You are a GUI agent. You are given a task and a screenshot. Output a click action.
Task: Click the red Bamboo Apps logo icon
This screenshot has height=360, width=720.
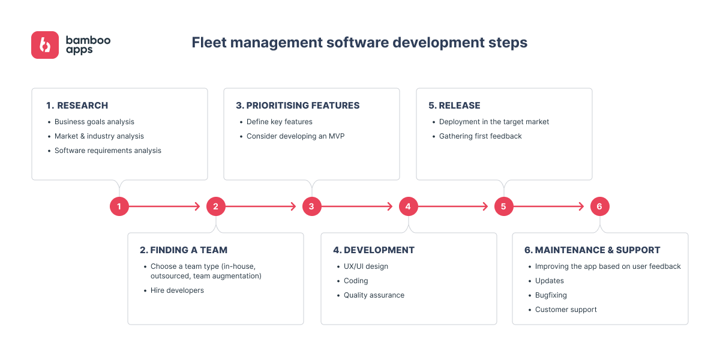coord(45,45)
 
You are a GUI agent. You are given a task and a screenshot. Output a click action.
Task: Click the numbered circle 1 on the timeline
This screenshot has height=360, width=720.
coord(119,206)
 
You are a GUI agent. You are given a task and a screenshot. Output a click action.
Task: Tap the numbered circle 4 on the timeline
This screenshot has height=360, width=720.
coord(408,206)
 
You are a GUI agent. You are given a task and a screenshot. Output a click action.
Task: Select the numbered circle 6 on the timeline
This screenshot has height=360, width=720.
coord(599,206)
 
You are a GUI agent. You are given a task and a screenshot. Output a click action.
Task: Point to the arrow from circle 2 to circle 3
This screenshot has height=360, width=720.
coord(261,206)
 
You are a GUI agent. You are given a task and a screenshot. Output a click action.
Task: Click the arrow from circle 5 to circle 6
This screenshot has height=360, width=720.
coord(549,206)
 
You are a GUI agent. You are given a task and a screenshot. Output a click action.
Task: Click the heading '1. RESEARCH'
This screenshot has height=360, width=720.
coord(77,106)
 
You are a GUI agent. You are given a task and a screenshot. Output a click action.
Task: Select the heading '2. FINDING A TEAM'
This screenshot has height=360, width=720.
coord(184,250)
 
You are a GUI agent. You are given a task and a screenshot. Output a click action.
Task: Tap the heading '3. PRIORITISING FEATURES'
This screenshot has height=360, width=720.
coord(298,106)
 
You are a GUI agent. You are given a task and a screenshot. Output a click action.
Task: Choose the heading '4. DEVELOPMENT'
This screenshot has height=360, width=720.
coord(374,250)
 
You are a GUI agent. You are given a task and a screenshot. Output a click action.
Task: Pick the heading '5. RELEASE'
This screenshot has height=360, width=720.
coord(455,106)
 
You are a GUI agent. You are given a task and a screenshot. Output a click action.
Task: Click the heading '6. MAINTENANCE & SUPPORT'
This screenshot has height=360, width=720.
coord(592,250)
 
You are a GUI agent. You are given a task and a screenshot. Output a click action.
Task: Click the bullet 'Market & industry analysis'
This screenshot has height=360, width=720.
coord(99,136)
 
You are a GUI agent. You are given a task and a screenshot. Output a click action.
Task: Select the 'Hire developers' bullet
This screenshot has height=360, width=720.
coord(177,290)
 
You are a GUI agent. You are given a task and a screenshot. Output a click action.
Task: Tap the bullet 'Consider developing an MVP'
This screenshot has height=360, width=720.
coord(295,136)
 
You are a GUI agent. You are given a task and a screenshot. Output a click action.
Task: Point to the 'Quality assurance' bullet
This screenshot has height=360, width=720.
coord(374,295)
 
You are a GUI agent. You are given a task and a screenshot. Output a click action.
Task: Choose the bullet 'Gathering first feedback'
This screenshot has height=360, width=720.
coord(481,136)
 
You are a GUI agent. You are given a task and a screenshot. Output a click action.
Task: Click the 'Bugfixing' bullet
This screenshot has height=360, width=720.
coord(551,295)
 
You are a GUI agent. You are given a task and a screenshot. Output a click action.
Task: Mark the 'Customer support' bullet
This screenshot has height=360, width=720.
coord(566,310)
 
